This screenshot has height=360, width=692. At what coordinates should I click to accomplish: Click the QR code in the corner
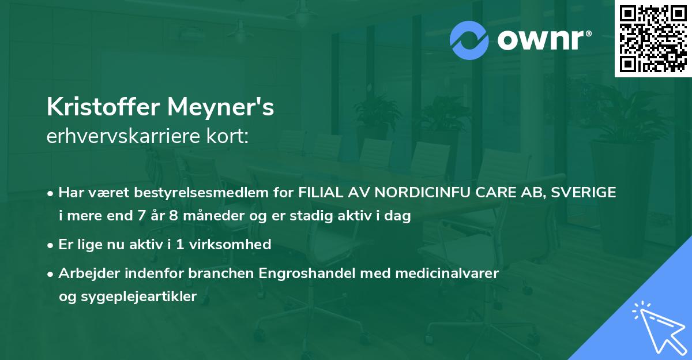pos(653,39)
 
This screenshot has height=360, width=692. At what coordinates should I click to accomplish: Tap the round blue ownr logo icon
pos(469,40)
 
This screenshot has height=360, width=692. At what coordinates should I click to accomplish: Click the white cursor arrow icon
pos(657,327)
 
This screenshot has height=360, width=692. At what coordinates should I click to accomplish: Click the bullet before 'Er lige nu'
pos(51,245)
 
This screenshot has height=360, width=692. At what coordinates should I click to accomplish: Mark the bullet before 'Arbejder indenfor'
pos(51,273)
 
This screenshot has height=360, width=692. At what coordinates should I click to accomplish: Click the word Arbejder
pos(85,273)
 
